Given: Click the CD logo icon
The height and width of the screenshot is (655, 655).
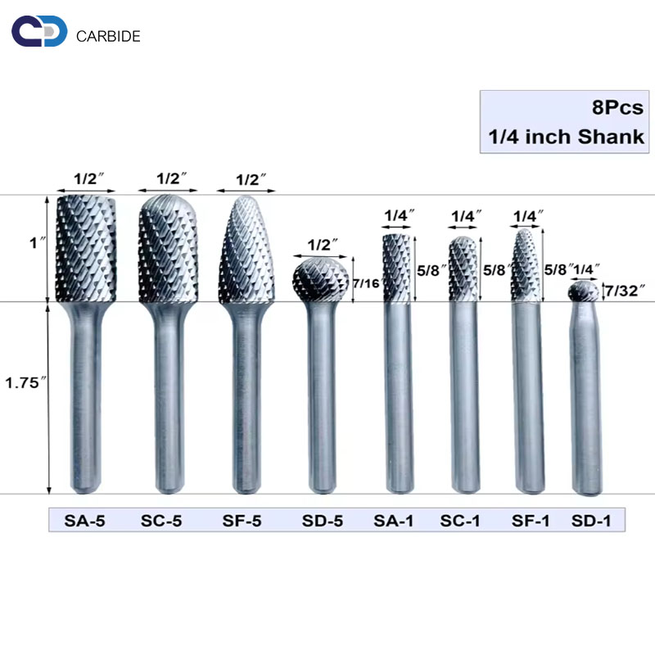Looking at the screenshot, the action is click(x=39, y=31).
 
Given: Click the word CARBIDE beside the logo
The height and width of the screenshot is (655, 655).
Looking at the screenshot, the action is click(x=108, y=36).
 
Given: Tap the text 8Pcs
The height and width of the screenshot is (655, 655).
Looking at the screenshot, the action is click(x=617, y=108).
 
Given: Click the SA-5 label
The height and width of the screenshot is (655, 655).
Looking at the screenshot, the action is click(x=84, y=521).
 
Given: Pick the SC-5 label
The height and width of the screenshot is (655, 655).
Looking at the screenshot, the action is click(x=161, y=521).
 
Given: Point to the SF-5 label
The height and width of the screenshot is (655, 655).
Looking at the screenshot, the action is click(x=242, y=521).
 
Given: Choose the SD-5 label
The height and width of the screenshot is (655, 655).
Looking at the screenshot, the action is click(x=322, y=521).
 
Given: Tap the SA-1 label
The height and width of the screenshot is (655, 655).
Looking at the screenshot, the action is click(x=393, y=521).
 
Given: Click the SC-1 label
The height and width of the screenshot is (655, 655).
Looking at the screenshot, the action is click(x=459, y=521).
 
